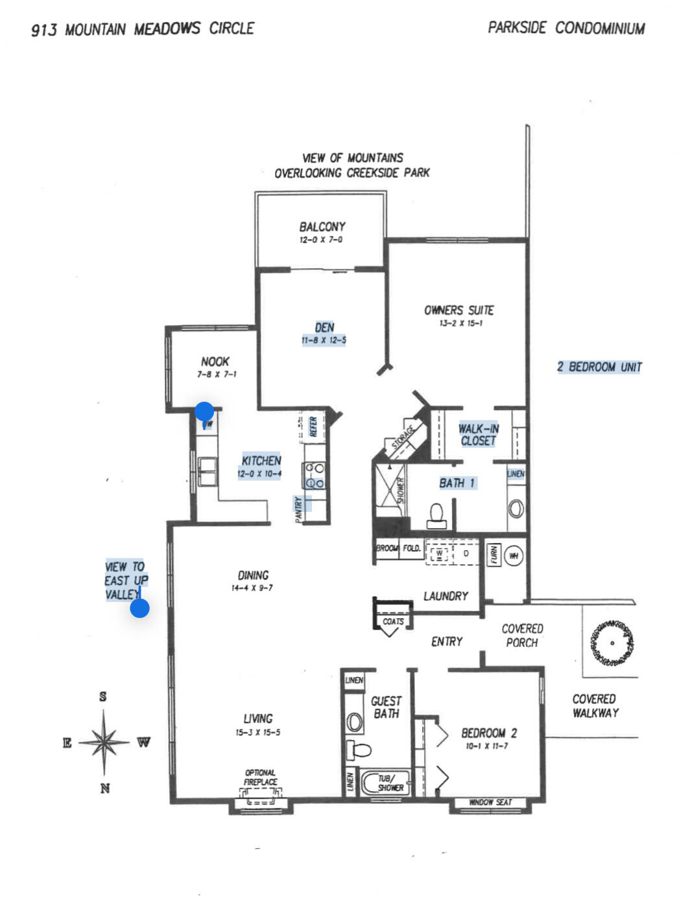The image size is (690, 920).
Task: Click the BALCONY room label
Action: [x=322, y=227]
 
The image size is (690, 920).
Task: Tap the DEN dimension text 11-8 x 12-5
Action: [x=323, y=340]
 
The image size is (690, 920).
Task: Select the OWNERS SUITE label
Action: [x=458, y=310]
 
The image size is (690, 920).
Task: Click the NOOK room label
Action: [x=215, y=362]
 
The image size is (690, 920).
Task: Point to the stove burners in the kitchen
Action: [x=315, y=475]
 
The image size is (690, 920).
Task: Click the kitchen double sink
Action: [x=208, y=471]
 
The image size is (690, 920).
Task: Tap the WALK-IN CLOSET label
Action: [x=478, y=435]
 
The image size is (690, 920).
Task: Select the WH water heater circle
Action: [x=514, y=556]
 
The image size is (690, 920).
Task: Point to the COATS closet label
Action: [x=392, y=621]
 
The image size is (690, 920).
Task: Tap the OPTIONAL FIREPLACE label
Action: [x=260, y=777]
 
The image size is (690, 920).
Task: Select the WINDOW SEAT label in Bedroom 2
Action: [x=490, y=802]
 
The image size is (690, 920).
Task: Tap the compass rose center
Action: [x=104, y=742]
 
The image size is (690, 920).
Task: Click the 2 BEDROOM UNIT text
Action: [x=599, y=367]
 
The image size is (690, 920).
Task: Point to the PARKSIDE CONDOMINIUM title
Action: [x=566, y=29]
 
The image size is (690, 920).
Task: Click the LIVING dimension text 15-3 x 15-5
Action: [x=257, y=733]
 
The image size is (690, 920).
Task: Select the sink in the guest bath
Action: [x=355, y=720]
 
